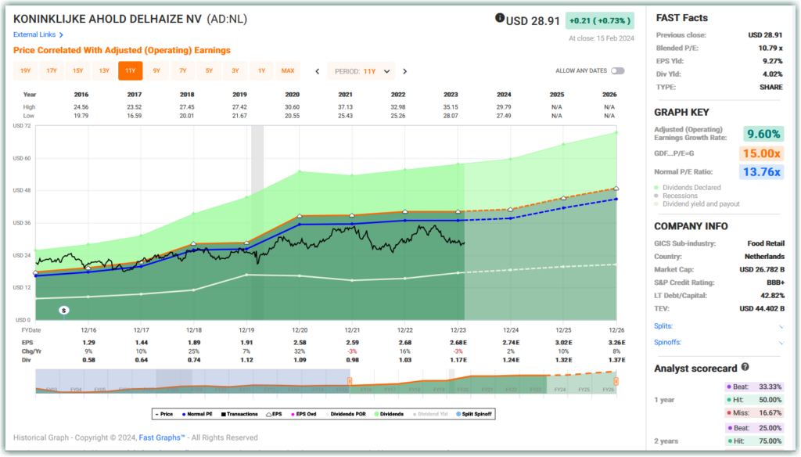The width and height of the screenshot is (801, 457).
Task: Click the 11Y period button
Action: (130, 71)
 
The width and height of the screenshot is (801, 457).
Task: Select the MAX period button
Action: (288, 71)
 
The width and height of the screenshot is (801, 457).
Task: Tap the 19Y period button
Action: (25, 71)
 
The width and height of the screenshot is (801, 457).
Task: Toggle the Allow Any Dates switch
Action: (617, 71)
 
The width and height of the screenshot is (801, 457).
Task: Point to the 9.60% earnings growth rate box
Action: (763, 133)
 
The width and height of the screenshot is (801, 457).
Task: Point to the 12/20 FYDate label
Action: (300, 331)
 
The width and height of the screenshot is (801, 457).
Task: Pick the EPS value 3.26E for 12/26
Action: (616, 343)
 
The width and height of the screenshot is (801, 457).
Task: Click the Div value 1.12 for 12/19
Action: (246, 359)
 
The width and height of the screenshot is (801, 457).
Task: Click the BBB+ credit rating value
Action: (770, 282)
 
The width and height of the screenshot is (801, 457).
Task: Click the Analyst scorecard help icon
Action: (745, 367)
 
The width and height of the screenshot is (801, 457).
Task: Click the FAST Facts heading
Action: (681, 18)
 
